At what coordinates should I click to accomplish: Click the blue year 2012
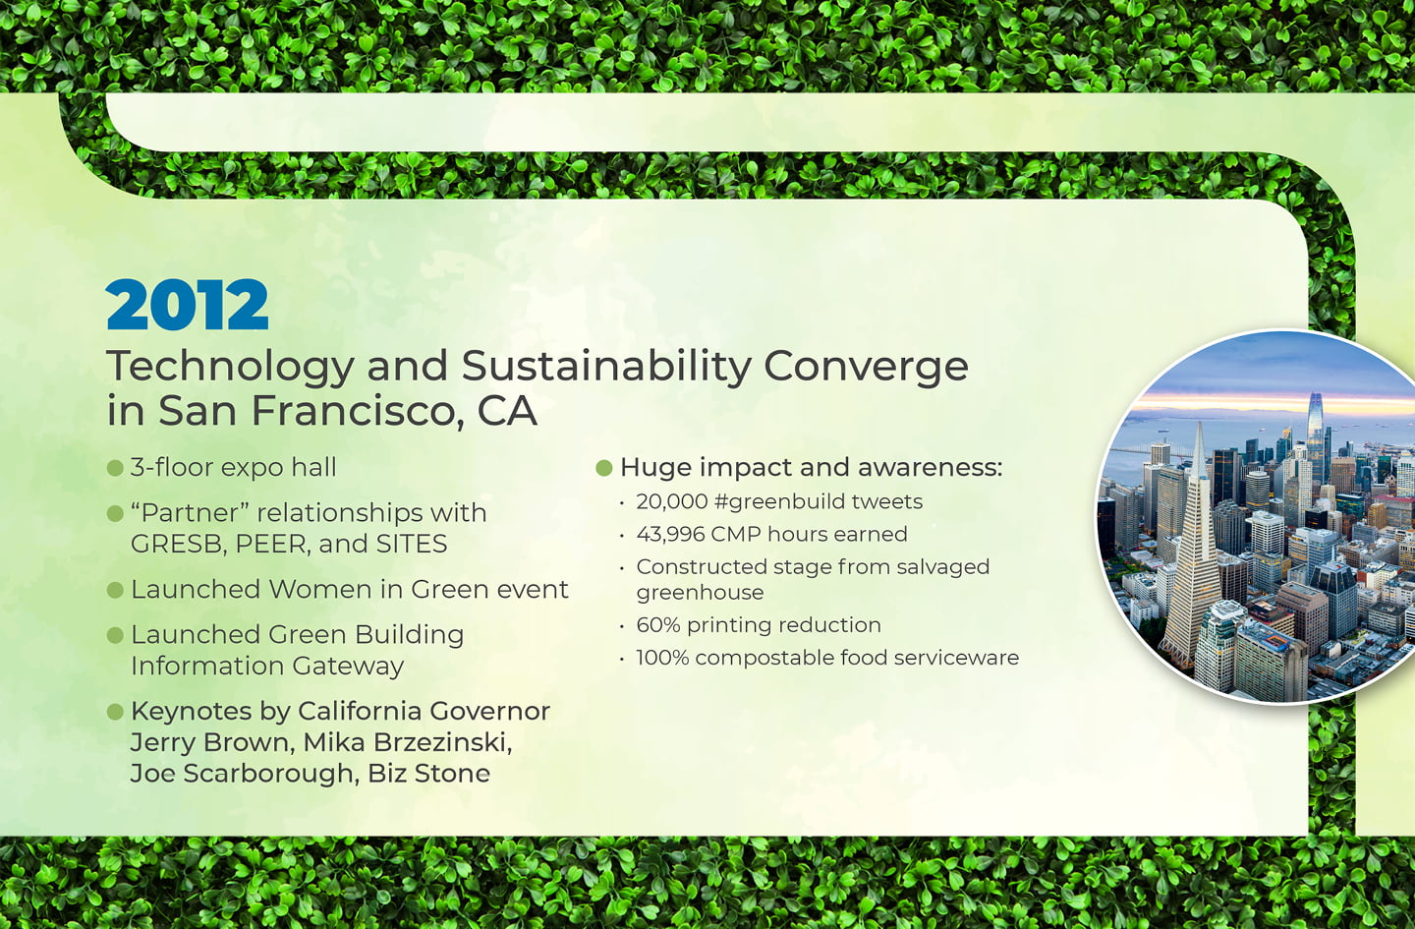pyautogui.click(x=188, y=305)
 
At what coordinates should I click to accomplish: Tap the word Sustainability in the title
pyautogui.click(x=606, y=368)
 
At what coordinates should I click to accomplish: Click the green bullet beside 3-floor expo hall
pyautogui.click(x=115, y=468)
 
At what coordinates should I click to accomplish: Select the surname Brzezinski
pyautogui.click(x=442, y=742)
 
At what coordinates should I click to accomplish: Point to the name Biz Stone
pyautogui.click(x=428, y=774)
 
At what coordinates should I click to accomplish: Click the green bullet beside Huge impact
pyautogui.click(x=604, y=468)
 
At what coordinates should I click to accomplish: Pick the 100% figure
pyautogui.click(x=662, y=658)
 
